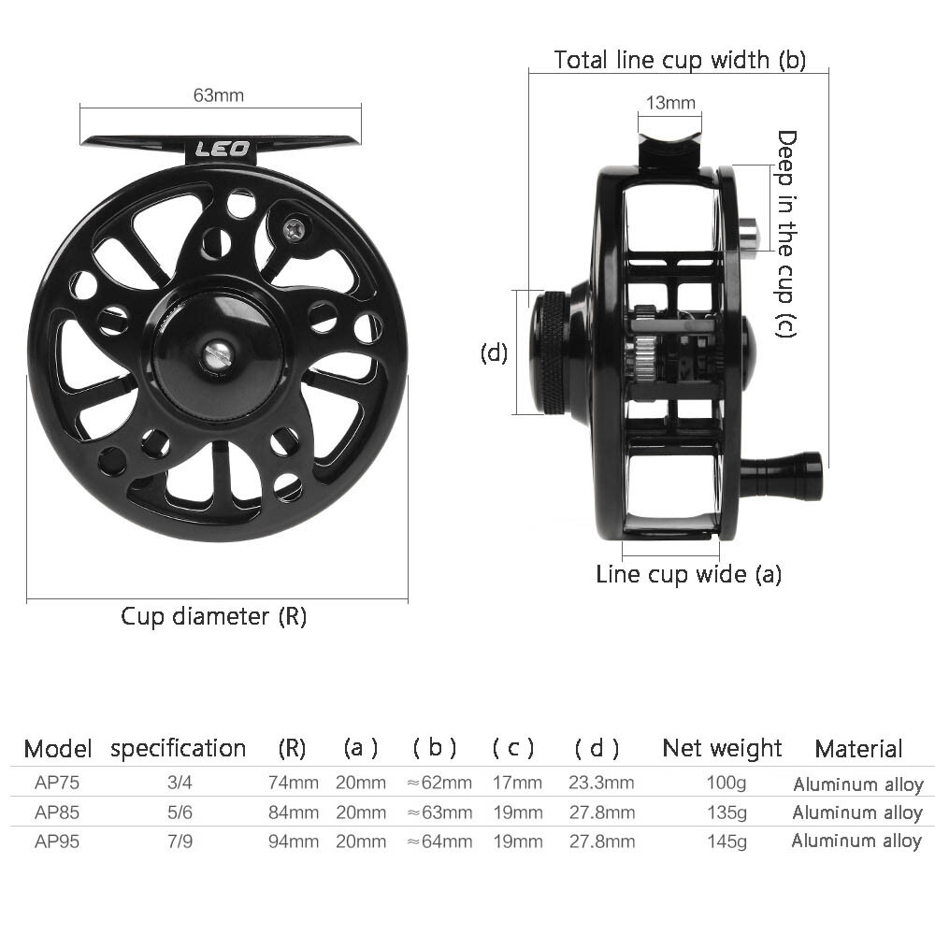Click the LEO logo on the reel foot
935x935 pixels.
click(x=222, y=149)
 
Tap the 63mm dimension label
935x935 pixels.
click(x=218, y=95)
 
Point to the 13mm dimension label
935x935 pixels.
click(x=669, y=102)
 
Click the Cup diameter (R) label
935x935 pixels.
click(x=213, y=616)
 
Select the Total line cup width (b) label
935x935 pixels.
click(x=679, y=60)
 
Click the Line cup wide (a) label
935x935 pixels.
click(x=688, y=573)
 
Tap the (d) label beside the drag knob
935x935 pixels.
click(x=494, y=353)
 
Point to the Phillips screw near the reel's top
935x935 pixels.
click(x=293, y=228)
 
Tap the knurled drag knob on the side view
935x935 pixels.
click(x=553, y=353)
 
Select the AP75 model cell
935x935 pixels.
click(x=57, y=783)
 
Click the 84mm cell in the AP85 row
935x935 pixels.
click(x=293, y=812)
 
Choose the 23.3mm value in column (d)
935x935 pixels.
click(x=600, y=783)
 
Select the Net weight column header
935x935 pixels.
click(x=721, y=748)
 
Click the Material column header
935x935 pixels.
click(x=857, y=748)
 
